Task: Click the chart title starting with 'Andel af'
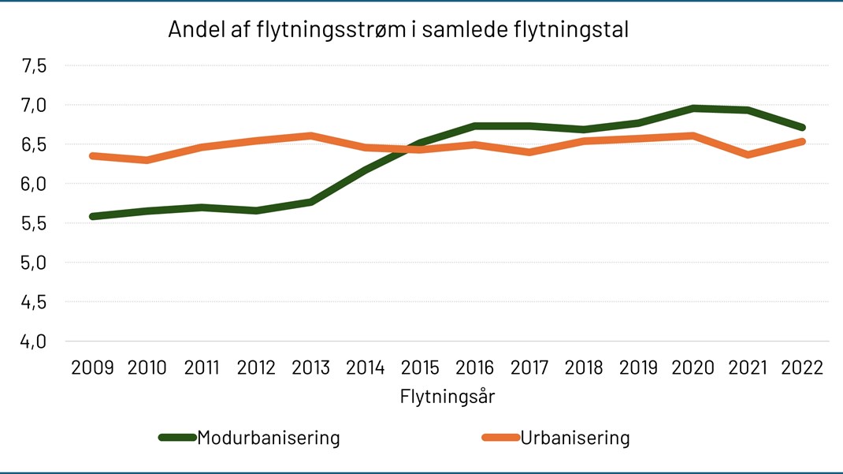399,30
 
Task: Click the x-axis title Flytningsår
447,396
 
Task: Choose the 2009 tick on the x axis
92,368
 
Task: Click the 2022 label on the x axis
801,368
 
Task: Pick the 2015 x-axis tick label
420,368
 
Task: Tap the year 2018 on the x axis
584,368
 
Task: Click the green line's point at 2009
93,216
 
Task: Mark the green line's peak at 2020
693,108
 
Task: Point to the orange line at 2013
311,136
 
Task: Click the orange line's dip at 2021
747,155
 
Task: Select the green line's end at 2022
801,127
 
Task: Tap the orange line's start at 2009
93,156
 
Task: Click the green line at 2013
311,202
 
